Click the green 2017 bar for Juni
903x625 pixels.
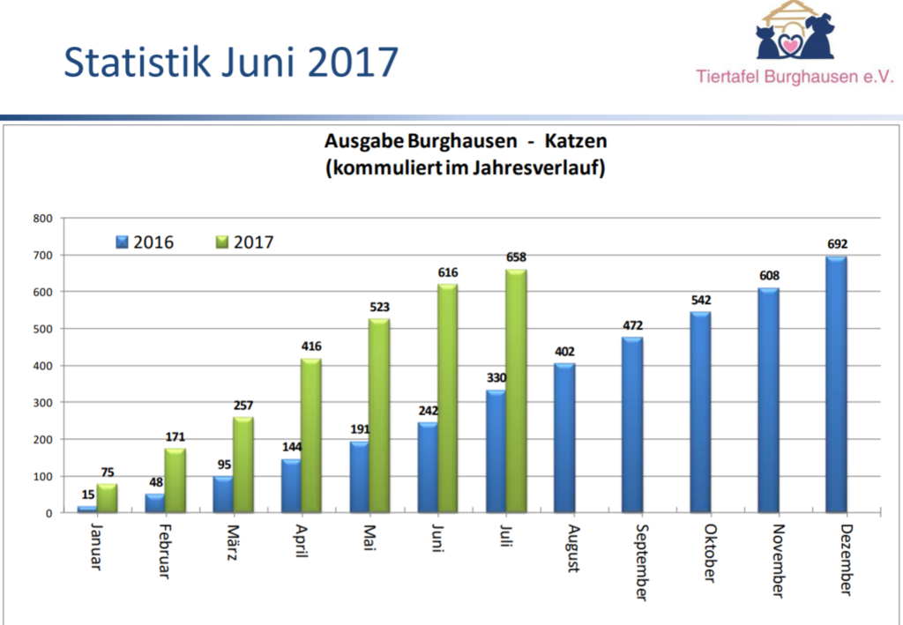pyautogui.click(x=448, y=397)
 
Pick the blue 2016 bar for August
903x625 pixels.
pyautogui.click(x=564, y=437)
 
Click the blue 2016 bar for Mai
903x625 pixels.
pyautogui.click(x=359, y=476)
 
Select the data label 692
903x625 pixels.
pyautogui.click(x=837, y=243)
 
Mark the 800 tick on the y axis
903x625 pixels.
pyautogui.click(x=44, y=218)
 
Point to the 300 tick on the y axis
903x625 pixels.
pyautogui.click(x=44, y=402)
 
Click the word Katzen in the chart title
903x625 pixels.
pyautogui.click(x=576, y=141)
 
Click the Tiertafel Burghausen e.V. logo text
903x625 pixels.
pyautogui.click(x=795, y=77)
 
